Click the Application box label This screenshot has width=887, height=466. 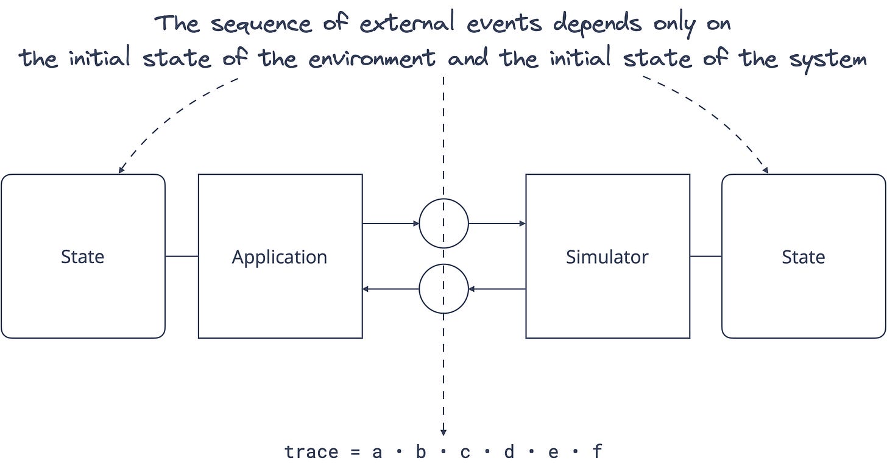click(x=280, y=257)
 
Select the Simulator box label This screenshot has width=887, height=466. click(x=607, y=257)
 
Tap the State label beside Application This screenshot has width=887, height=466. click(x=83, y=257)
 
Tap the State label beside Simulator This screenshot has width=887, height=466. click(x=803, y=257)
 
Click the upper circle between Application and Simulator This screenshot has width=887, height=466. click(x=443, y=224)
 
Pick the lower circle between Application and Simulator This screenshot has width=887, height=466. click(x=443, y=289)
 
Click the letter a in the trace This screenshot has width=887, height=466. click(x=376, y=452)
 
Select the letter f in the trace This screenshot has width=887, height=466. click(x=597, y=452)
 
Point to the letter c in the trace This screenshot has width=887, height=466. click(x=465, y=452)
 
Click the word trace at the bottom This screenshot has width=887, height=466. click(x=311, y=452)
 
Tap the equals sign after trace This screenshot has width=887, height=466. click(x=355, y=452)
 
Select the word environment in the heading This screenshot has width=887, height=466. click(x=372, y=59)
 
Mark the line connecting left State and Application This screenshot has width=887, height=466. click(x=182, y=256)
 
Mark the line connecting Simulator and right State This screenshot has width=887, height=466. click(x=705, y=256)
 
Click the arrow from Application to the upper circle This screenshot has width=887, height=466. click(x=390, y=224)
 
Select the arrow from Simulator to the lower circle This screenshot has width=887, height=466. click(x=497, y=289)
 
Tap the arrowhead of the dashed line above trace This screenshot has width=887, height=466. click(x=443, y=432)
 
